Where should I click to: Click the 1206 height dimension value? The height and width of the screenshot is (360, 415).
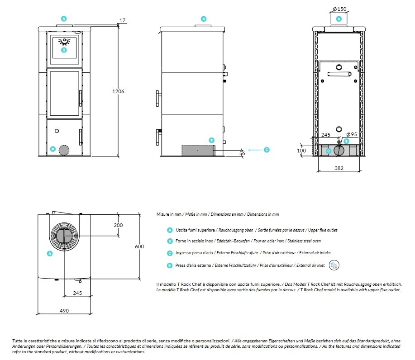click(x=118, y=91)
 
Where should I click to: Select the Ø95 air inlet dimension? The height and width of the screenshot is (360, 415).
click(x=352, y=135)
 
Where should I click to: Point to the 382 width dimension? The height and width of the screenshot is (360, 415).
click(x=339, y=168)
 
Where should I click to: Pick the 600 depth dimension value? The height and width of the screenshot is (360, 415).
click(x=139, y=246)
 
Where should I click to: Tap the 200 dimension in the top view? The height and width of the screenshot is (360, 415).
click(x=119, y=225)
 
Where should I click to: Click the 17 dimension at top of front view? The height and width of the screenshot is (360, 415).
click(x=123, y=20)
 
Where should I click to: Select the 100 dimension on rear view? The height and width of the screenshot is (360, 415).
click(x=301, y=151)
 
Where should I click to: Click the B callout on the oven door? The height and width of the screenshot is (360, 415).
click(x=64, y=50)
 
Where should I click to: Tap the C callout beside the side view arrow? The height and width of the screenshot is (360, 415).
click(x=267, y=150)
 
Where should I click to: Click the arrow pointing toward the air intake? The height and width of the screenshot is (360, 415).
click(x=254, y=150)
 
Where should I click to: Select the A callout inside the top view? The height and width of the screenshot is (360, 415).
click(x=50, y=254)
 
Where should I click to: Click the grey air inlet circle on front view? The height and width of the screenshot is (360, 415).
click(x=65, y=150)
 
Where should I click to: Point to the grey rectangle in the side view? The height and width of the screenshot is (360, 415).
click(x=197, y=150)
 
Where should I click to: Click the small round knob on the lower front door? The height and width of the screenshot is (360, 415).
click(x=57, y=131)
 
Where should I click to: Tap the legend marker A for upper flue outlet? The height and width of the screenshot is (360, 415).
click(x=170, y=230)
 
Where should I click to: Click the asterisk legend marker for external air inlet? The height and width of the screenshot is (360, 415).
click(x=170, y=265)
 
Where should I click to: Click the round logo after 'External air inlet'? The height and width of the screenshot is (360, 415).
click(x=334, y=265)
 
